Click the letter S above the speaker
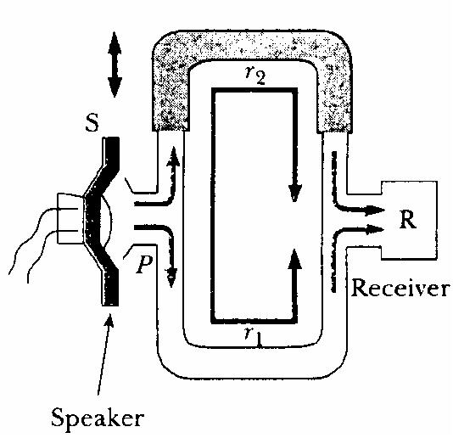click(92, 124)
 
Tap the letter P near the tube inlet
click(143, 264)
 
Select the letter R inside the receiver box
click(408, 220)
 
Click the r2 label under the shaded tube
click(255, 76)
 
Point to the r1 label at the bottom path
click(253, 337)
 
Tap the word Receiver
click(400, 288)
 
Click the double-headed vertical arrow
click(115, 65)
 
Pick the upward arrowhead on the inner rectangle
click(295, 259)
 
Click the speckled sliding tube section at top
click(251, 45)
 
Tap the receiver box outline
click(437, 220)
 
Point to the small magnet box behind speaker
click(70, 218)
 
